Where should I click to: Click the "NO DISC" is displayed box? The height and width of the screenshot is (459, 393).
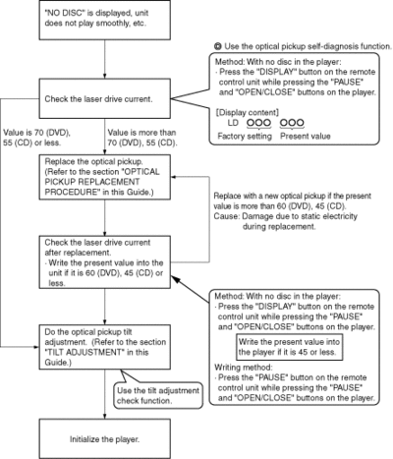tap(105, 20)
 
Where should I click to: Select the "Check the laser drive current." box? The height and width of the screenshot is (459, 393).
tap(105, 98)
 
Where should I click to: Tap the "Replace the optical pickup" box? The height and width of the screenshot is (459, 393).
tap(105, 177)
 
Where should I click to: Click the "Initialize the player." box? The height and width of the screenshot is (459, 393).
tap(105, 439)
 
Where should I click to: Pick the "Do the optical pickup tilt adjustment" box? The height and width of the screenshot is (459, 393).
tap(105, 347)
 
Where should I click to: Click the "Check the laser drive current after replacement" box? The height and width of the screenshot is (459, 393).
tap(105, 262)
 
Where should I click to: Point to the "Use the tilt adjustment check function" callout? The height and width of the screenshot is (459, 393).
tap(158, 395)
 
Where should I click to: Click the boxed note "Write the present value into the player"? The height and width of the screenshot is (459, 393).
tap(289, 347)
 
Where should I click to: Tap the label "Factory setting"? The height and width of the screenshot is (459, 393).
tap(245, 137)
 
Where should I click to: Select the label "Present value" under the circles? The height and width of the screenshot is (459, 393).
tap(306, 137)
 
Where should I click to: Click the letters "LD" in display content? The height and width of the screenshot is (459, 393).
tap(233, 123)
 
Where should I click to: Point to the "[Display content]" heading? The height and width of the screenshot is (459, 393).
tap(248, 113)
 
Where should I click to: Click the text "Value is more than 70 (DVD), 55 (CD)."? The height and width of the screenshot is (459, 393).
tap(142, 138)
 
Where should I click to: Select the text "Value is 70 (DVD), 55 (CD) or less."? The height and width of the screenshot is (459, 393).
tap(36, 138)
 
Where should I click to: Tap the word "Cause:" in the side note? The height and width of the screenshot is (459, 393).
tap(227, 216)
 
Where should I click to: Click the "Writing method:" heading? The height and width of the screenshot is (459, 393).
tap(244, 368)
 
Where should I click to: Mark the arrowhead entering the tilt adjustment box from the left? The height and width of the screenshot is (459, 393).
tap(36, 347)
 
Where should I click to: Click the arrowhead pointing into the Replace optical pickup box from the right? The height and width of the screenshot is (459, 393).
tap(174, 177)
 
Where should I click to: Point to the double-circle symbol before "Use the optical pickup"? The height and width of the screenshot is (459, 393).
tap(218, 46)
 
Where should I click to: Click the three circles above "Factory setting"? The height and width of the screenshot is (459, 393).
tap(258, 123)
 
